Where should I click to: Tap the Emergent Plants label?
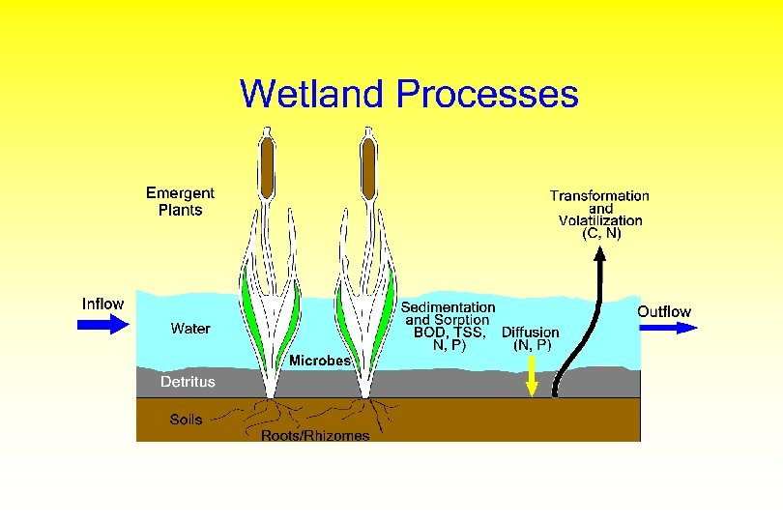click(x=180, y=201)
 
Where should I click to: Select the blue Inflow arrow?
click(x=102, y=325)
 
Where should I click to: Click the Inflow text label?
click(x=102, y=304)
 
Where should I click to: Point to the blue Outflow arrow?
click(x=668, y=328)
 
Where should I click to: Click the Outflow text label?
click(x=664, y=311)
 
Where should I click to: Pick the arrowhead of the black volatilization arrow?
click(x=599, y=253)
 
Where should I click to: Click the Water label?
click(x=190, y=329)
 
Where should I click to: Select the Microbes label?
click(x=321, y=361)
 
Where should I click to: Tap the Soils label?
click(x=187, y=420)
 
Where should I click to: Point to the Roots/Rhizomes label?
click(x=315, y=436)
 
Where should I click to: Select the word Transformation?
click(x=599, y=195)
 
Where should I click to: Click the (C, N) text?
click(x=601, y=233)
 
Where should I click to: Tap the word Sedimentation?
click(x=448, y=306)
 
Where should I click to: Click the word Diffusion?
click(x=530, y=332)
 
